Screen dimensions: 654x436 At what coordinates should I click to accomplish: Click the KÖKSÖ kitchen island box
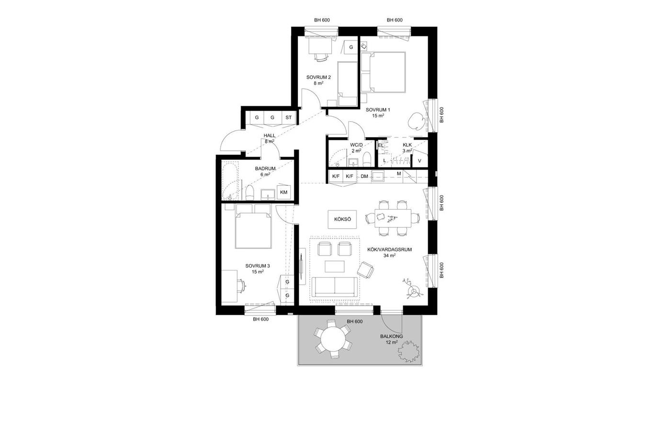342,220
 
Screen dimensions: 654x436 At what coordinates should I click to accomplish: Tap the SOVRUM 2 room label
318,78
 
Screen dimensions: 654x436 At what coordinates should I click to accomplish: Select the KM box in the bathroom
283,192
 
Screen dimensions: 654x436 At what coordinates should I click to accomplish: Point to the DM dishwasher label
364,176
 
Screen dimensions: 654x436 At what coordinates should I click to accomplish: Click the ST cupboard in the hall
289,118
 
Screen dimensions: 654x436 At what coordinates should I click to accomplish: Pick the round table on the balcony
333,340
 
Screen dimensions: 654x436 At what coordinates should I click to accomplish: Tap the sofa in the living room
335,287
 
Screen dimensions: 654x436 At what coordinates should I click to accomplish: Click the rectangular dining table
393,218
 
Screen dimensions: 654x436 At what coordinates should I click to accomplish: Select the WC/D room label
357,145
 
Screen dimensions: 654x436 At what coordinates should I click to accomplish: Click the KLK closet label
407,145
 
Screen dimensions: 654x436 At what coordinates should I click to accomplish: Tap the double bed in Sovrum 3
253,226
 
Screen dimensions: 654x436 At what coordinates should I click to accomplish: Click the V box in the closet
419,160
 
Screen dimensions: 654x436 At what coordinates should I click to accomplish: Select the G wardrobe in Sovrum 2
351,47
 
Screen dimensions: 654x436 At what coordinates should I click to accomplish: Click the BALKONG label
392,336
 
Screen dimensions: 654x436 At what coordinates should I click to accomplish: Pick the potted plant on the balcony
408,351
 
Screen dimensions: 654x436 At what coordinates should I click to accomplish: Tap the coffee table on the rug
335,267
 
